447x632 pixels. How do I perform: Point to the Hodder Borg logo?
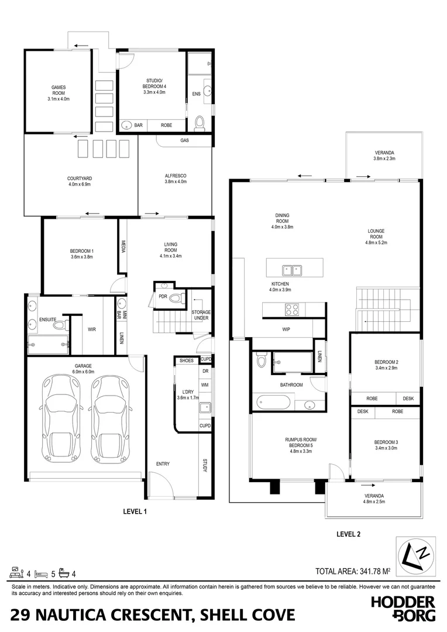tap(403, 608)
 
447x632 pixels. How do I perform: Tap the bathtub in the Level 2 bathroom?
tap(273, 403)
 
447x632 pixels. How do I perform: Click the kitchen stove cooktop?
tap(292, 310)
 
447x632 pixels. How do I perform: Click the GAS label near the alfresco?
tap(184, 141)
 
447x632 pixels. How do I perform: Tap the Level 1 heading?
tap(134, 511)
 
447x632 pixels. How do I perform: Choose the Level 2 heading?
tap(348, 534)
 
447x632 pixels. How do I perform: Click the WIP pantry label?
tap(286, 329)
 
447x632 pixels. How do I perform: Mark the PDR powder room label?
tap(163, 297)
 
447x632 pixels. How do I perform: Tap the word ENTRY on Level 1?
tap(163, 464)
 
